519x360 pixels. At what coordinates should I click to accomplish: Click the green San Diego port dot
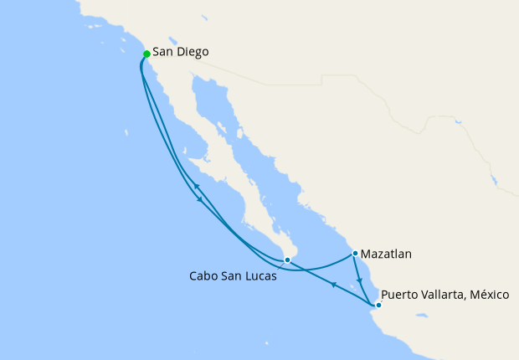[x=146, y=54]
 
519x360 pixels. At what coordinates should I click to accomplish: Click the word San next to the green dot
[x=162, y=53]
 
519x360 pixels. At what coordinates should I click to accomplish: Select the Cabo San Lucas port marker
[x=287, y=260]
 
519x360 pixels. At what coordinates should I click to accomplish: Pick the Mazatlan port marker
[x=355, y=253]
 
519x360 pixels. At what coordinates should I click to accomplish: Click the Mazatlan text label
[x=387, y=253]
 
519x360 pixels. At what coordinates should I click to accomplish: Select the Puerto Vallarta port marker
[x=378, y=305]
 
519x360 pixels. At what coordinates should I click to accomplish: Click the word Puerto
[x=400, y=296]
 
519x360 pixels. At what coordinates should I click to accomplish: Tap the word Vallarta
[x=443, y=296]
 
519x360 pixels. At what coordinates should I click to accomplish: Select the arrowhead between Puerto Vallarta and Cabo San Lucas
[x=332, y=285]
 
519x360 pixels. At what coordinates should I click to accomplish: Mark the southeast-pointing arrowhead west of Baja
[x=199, y=199]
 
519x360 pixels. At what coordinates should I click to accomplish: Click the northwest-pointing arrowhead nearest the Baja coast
[x=194, y=186]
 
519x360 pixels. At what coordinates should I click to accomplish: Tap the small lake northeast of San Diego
[x=173, y=39]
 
